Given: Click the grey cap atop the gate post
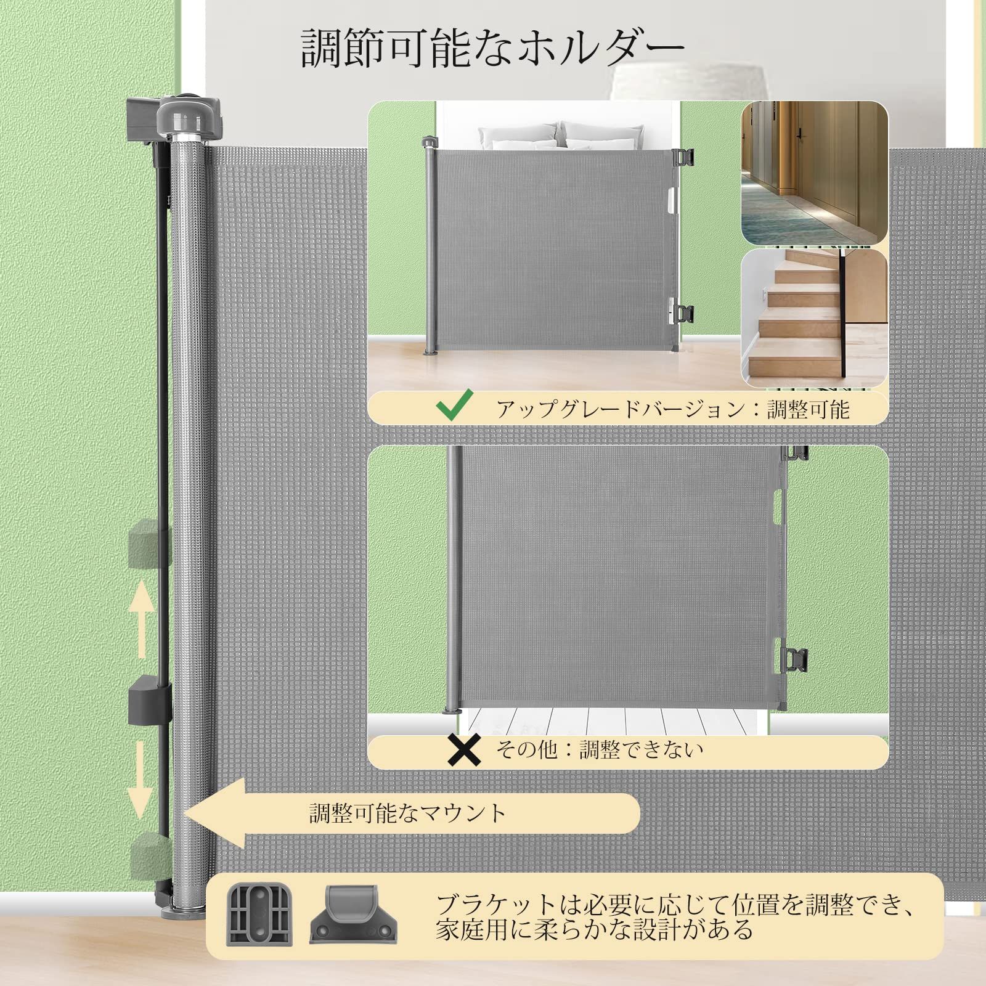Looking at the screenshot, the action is pos(179,114).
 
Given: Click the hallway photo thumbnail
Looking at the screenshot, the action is pos(814,173).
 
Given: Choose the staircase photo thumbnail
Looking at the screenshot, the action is pos(814,317).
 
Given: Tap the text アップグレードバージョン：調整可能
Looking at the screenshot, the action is pos(673,409).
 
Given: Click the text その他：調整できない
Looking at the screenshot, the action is pos(600,749).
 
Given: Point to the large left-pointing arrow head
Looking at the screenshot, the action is pos(216,813).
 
